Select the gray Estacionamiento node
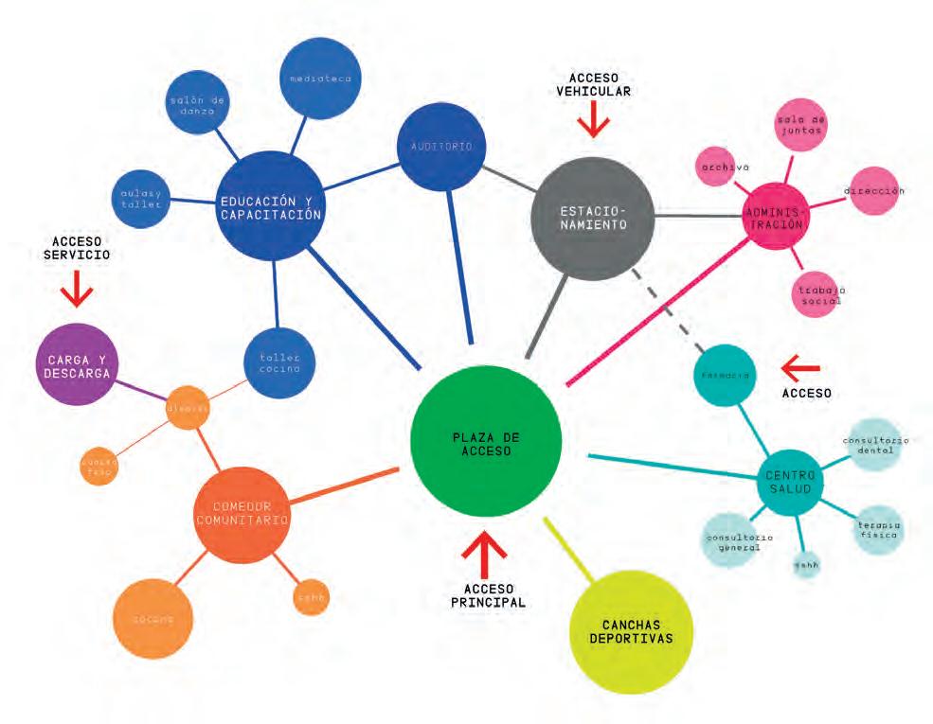pyautogui.click(x=593, y=219)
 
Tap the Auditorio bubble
pyautogui.click(x=441, y=147)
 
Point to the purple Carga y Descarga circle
pyautogui.click(x=76, y=364)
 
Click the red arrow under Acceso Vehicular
pyautogui.click(x=594, y=120)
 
